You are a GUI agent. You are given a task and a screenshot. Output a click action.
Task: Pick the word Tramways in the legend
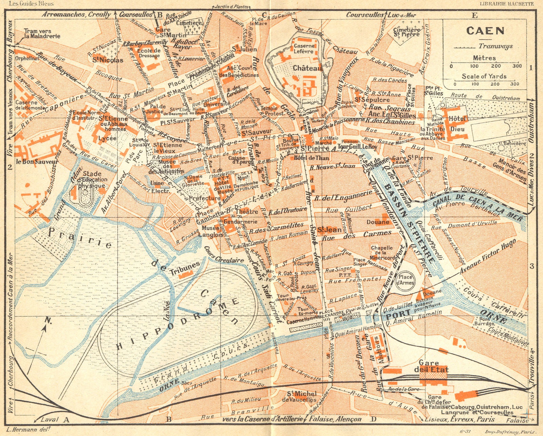coord(495,47)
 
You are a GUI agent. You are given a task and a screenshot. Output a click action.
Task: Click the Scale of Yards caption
coord(484,76)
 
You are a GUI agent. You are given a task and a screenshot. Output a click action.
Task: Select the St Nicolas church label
coord(108,60)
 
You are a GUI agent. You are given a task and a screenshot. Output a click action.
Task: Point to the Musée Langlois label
coord(210,231)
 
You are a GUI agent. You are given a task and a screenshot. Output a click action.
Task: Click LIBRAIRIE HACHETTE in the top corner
coord(506,4)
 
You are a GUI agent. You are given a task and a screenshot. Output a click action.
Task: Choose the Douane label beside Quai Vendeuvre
coord(378,222)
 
